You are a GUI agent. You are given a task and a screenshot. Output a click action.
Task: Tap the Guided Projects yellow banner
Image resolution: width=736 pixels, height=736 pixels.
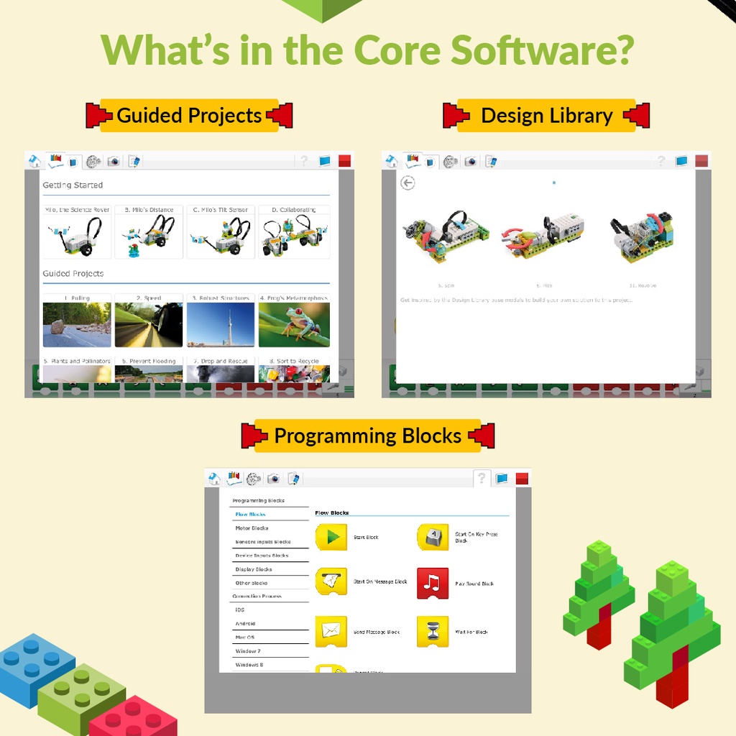point(189,116)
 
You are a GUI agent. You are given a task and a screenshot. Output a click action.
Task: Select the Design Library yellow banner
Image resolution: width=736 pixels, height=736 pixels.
point(546,116)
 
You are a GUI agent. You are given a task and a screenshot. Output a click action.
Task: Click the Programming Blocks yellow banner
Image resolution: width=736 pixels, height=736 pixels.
point(367,436)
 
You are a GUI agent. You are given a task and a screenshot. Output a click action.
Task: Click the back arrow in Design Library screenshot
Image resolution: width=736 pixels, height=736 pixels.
point(408,183)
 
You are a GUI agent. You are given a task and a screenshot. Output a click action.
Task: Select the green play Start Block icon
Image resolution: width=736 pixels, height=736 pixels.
point(331,537)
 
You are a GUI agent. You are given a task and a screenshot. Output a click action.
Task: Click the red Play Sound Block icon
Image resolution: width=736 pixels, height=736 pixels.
point(433,583)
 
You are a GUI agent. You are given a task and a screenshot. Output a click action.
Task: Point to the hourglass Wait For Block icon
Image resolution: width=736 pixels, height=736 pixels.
point(433,632)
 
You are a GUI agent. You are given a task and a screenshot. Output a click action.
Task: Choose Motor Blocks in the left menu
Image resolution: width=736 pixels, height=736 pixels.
point(252,528)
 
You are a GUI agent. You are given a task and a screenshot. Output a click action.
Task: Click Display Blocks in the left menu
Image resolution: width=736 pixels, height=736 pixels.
point(254,569)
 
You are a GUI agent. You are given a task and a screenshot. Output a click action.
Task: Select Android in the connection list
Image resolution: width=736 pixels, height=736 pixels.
point(245,624)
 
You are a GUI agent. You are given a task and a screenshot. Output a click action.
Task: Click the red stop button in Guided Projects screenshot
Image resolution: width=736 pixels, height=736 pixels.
point(344,161)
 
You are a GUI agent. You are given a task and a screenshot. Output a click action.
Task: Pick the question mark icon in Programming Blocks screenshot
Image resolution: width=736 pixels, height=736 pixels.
point(482,478)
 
